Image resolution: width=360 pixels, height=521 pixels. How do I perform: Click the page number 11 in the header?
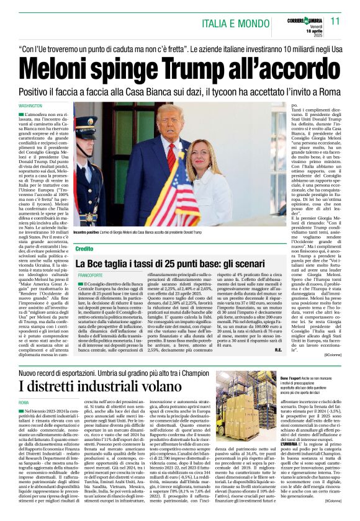[x=335, y=21]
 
